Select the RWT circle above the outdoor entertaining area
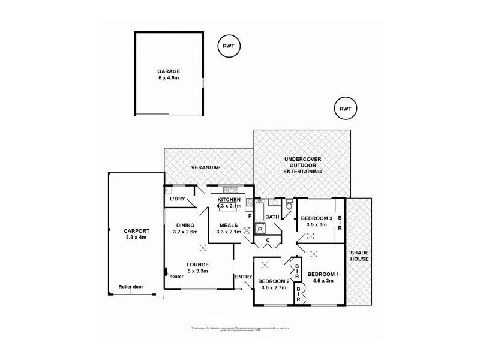tap(345, 109)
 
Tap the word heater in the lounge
tap(176, 277)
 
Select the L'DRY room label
tap(177, 199)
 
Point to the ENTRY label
tap(244, 277)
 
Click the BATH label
tap(272, 217)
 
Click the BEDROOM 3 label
tap(316, 218)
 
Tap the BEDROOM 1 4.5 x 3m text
tap(323, 278)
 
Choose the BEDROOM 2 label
tap(274, 284)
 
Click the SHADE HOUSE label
tap(360, 256)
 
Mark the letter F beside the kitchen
tap(249, 214)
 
